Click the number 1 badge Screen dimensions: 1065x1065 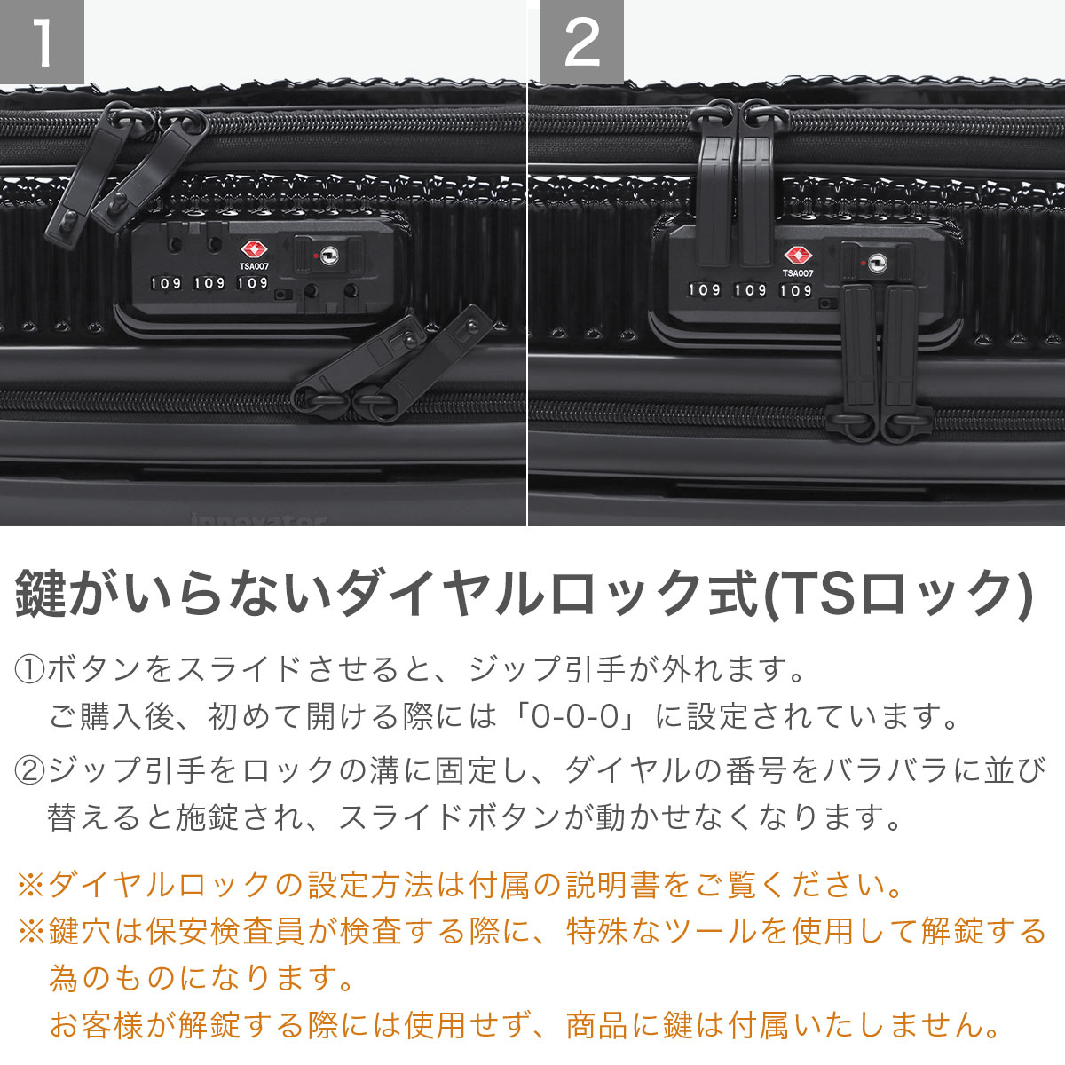coord(42,42)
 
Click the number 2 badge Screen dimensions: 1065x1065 coord(581,42)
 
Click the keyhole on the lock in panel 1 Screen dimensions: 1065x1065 coord(328,256)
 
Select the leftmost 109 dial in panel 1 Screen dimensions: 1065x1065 coord(166,283)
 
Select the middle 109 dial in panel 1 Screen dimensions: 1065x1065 coord(209,283)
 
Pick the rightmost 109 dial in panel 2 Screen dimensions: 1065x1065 coord(796,290)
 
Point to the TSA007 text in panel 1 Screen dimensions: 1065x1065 coord(253,265)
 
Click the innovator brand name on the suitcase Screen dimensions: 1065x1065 coord(258,521)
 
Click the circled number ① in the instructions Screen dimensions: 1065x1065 coord(30,668)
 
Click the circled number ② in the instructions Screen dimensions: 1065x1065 coord(30,770)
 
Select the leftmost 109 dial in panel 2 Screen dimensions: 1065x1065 coord(705,290)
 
